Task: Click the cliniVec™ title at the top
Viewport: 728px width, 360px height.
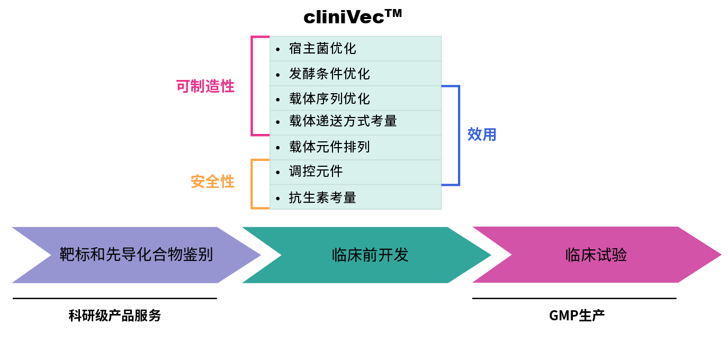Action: tap(353, 17)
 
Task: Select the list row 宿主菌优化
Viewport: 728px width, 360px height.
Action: tap(355, 49)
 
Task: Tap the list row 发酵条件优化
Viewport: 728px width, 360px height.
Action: tap(355, 74)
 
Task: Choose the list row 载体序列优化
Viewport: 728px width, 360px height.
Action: tap(355, 98)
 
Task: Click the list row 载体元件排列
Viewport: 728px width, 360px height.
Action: tap(355, 147)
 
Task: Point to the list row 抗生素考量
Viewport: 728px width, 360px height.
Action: tap(355, 197)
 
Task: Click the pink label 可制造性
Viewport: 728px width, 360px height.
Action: tap(205, 86)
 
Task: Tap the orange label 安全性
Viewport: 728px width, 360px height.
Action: tap(212, 182)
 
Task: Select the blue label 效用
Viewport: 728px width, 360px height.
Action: tap(482, 134)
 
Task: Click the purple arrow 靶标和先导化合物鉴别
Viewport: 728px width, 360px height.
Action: tap(136, 255)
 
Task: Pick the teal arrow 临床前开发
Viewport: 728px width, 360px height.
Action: tap(370, 255)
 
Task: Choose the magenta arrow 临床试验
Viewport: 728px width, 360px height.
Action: tap(596, 255)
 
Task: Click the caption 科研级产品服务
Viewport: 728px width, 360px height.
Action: tap(114, 316)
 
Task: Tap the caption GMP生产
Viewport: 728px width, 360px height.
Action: tap(577, 316)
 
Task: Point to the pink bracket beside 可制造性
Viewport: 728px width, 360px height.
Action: tap(253, 86)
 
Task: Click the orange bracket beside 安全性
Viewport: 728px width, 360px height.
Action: tap(253, 184)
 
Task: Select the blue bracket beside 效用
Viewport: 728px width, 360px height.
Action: tap(459, 135)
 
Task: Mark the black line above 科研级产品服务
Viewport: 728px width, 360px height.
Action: tap(114, 298)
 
